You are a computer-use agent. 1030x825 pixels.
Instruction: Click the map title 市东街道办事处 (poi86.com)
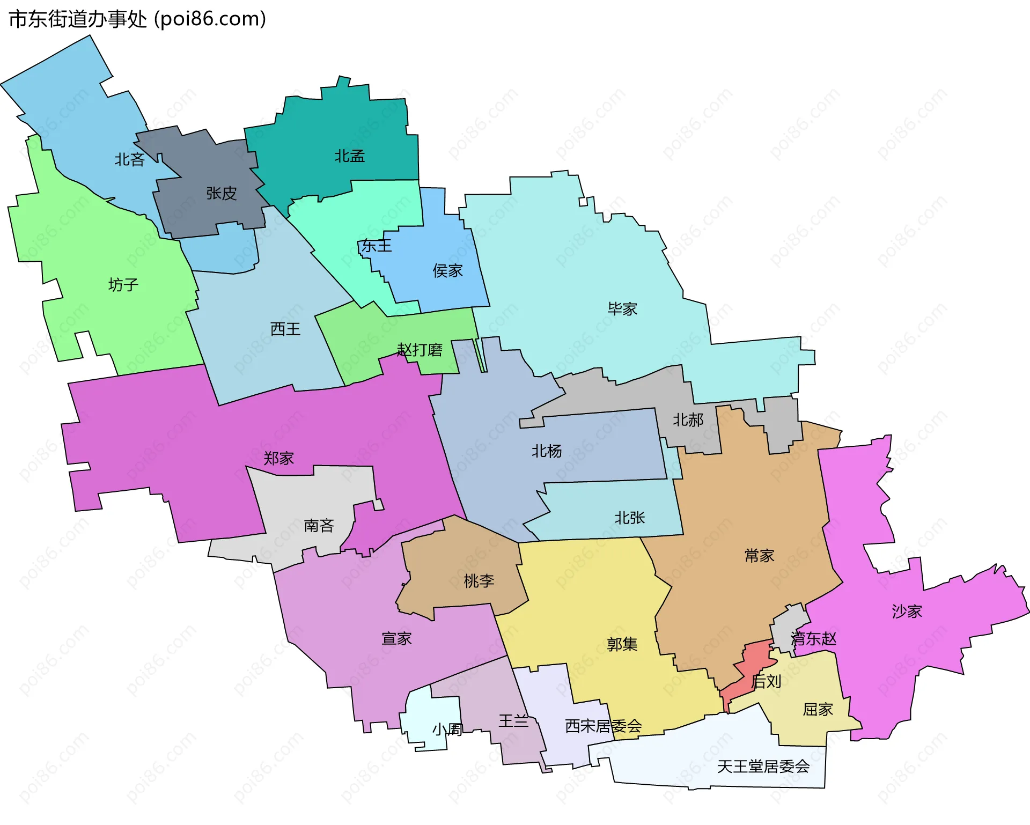137,19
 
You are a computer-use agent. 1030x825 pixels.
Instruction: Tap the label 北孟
349,156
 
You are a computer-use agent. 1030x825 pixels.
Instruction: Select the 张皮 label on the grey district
222,193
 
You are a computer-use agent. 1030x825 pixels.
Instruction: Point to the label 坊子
123,284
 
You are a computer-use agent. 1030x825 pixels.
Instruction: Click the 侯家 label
447,271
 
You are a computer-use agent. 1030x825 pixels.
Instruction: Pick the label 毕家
622,308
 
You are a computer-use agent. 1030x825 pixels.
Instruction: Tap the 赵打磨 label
420,350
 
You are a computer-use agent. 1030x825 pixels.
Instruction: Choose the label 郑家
278,458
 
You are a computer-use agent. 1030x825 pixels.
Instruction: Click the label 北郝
688,419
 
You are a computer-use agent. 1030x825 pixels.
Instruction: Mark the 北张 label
629,518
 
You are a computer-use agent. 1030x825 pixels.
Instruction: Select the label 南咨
319,525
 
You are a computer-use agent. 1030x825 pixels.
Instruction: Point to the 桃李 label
479,580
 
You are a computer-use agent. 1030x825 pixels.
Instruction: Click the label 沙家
907,611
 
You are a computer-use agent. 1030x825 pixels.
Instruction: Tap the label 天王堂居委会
763,767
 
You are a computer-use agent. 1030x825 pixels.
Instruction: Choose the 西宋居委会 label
603,726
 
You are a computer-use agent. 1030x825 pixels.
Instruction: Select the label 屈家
818,709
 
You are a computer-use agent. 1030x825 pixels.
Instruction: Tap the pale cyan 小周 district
429,719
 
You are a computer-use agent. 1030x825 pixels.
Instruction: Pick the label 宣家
396,638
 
